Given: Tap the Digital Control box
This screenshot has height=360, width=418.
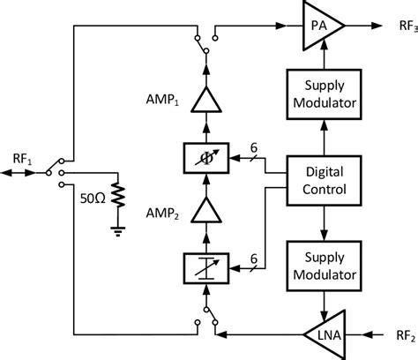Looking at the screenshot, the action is click(324, 181).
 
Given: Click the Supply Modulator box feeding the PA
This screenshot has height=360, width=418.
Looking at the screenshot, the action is click(324, 94).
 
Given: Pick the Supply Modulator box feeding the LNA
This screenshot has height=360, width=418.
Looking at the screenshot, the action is click(324, 266).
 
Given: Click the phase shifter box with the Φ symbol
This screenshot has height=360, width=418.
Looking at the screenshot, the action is click(206, 158).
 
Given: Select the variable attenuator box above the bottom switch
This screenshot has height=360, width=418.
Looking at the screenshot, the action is click(206, 268).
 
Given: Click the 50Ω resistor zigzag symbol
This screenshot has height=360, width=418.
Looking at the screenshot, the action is click(118, 195).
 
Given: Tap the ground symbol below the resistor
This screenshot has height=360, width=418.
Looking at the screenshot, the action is click(118, 231).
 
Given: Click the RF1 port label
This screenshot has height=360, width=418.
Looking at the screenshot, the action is click(22, 160).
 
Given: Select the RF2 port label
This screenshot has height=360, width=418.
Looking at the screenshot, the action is click(406, 335).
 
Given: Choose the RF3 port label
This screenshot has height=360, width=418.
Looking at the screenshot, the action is click(408, 26).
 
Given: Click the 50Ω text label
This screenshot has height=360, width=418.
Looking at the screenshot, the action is click(93, 199).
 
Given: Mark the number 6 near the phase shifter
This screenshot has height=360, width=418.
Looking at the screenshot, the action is click(254, 147).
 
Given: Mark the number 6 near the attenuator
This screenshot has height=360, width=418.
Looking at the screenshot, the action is click(254, 259).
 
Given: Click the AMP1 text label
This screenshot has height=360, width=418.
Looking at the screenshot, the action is click(162, 100).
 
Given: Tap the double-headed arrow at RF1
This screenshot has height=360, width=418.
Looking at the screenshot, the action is click(19, 173).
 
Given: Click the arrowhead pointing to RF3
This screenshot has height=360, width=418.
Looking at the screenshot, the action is click(377, 26).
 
